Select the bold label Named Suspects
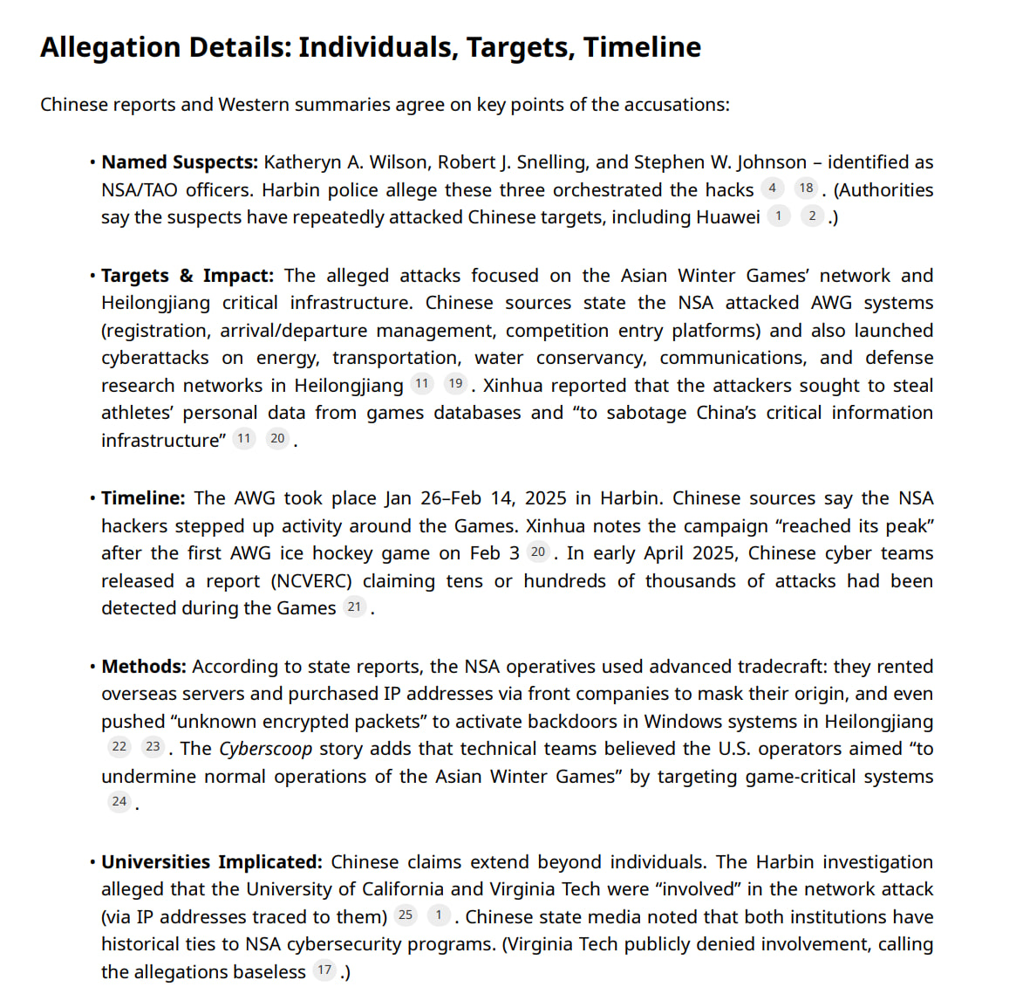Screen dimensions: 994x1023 click(180, 162)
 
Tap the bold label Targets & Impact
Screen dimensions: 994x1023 click(188, 276)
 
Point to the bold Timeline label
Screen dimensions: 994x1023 click(143, 498)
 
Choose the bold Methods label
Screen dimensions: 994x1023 click(144, 667)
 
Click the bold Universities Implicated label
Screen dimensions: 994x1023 click(212, 862)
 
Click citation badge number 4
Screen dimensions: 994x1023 click(772, 189)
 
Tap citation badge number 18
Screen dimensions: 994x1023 click(806, 189)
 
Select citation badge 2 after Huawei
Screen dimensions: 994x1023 click(812, 216)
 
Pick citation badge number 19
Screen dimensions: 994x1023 click(455, 384)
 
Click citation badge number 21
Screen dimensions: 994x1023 click(354, 607)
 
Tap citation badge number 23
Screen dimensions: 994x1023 click(153, 747)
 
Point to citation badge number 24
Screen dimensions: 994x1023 click(119, 802)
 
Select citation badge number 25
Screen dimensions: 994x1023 click(406, 915)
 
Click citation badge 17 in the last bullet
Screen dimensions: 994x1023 click(324, 970)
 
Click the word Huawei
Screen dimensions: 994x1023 click(727, 217)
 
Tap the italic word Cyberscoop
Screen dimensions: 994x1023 click(266, 749)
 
